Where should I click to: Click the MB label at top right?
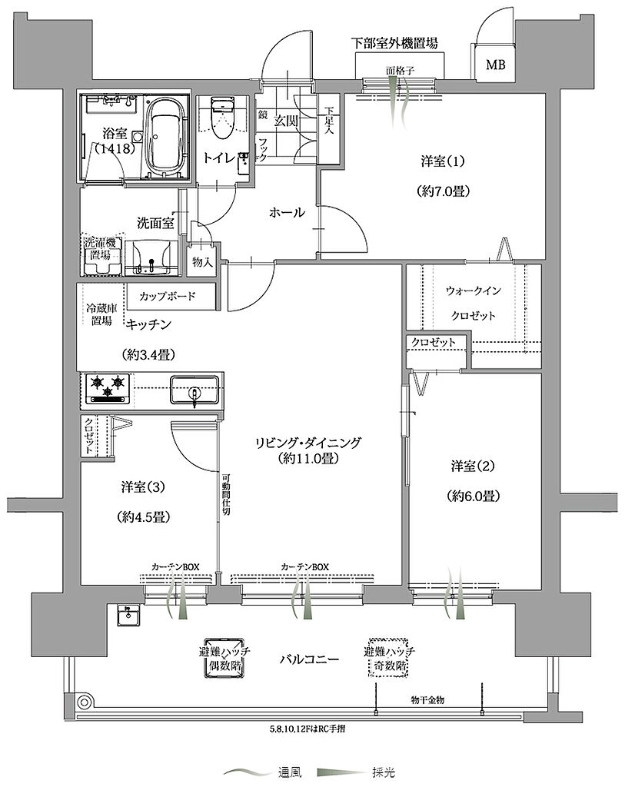(495, 65)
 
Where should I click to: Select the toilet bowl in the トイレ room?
(221, 118)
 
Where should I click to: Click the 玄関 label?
(286, 121)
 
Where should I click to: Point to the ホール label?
(288, 212)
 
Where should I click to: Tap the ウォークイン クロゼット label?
(474, 303)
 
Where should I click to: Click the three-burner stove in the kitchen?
(108, 388)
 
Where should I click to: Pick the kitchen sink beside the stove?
(194, 390)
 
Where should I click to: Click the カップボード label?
(167, 296)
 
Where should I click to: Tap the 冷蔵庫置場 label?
(101, 314)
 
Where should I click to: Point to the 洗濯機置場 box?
(102, 255)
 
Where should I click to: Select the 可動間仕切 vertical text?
(226, 493)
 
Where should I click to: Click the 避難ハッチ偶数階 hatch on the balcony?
(224, 659)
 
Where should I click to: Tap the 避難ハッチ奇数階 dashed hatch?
(389, 659)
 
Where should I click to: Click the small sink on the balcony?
(129, 615)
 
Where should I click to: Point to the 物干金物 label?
(427, 699)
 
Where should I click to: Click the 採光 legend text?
(384, 772)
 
